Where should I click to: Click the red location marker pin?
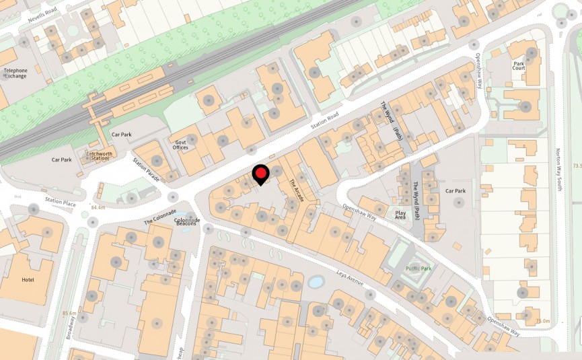click(x=260, y=174)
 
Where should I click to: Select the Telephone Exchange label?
click(x=15, y=73)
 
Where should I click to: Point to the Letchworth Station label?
click(x=98, y=156)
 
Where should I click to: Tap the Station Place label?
click(x=61, y=201)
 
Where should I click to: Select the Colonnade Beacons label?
click(x=187, y=223)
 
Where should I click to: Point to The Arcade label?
click(x=297, y=191)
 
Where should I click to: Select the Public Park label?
click(x=419, y=268)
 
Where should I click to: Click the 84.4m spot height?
click(x=98, y=207)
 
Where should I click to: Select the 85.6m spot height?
click(x=70, y=314)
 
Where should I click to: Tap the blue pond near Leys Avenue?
click(x=315, y=282)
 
